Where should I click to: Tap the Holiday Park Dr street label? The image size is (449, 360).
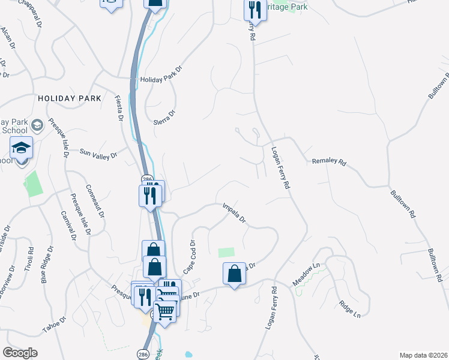pos(160,79)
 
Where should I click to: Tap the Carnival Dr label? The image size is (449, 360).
pos(68,227)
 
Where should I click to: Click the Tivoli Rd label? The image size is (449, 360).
pos(28,260)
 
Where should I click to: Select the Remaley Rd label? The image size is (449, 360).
pos(330,162)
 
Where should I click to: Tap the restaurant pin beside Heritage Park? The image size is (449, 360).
pos(255,10)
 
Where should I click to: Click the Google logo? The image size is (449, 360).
pos(20,353)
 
